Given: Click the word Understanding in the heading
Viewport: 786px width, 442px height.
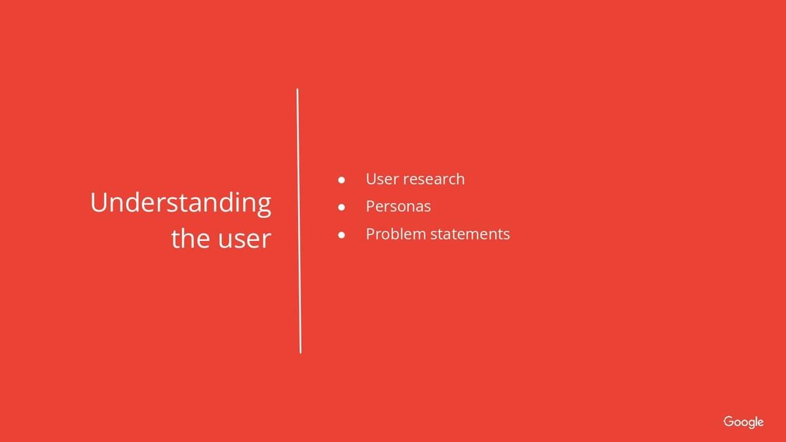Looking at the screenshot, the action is (181, 204).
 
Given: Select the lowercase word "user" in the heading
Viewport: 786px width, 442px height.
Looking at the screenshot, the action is (244, 240).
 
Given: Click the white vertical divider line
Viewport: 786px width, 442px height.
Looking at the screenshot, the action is (299, 221).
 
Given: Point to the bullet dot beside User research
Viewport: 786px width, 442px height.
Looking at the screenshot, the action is (341, 180).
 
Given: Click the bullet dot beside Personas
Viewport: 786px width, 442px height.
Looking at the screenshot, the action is (341, 208).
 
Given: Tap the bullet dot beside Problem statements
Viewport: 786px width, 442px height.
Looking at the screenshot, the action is (341, 235).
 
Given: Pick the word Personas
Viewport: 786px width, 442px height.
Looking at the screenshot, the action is (399, 206).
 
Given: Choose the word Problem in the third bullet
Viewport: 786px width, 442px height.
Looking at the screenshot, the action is (396, 234).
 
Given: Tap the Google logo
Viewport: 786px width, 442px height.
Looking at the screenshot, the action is (743, 422).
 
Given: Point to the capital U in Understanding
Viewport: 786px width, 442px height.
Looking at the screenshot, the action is (98, 202).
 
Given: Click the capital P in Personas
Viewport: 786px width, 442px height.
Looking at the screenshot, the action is (371, 206).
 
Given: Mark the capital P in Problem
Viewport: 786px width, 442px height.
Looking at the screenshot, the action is (371, 234).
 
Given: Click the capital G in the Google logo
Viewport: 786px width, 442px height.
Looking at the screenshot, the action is (728, 421).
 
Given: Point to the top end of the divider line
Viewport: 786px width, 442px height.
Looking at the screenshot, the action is (297, 89).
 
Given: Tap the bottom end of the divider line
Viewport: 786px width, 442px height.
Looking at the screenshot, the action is (301, 353).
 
